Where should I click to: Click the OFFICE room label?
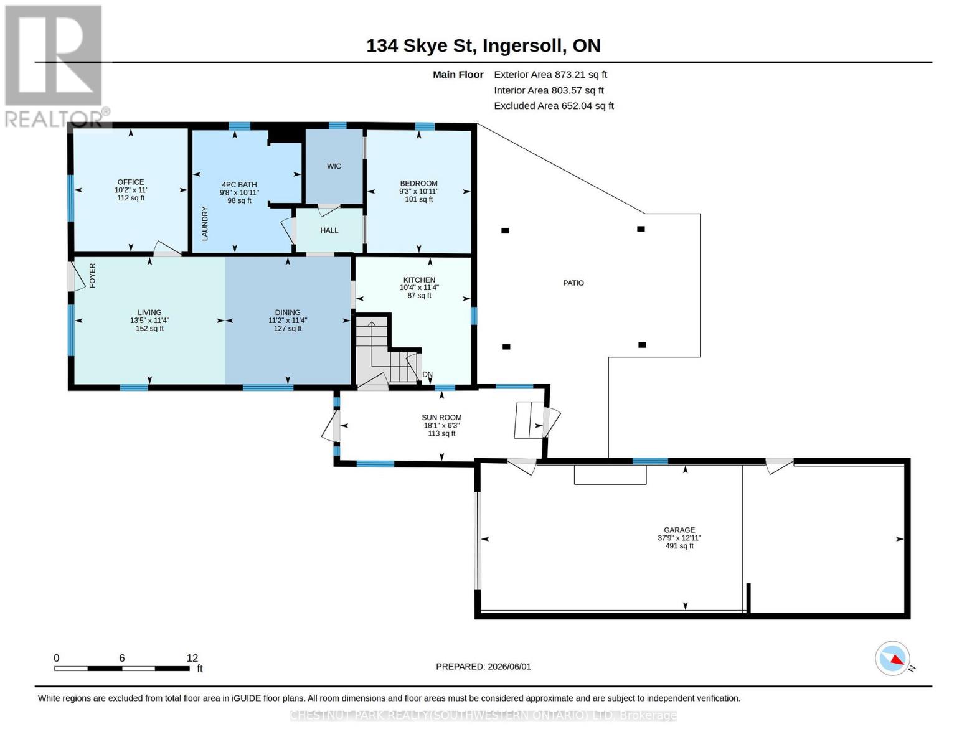coord(130,182)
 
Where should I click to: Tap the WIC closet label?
coord(334,166)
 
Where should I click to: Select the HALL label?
coord(329,230)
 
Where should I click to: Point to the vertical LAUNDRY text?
coord(205,223)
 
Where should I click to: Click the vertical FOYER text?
coord(93,275)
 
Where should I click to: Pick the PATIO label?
coord(573,283)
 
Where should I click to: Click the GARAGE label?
coord(679,530)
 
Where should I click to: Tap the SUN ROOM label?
coord(441,417)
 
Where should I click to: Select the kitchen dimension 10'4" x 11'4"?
coord(419,288)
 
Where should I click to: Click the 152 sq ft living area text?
coord(149,328)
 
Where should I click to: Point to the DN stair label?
coord(427,375)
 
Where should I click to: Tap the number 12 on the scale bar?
coord(192,658)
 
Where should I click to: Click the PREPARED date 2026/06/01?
coord(509,667)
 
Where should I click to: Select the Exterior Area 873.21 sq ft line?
coord(550,75)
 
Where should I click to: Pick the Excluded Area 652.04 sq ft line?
coord(554,106)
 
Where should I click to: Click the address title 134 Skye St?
coord(420,46)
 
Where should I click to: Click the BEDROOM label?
coord(419,183)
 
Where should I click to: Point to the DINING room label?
coord(288,312)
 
